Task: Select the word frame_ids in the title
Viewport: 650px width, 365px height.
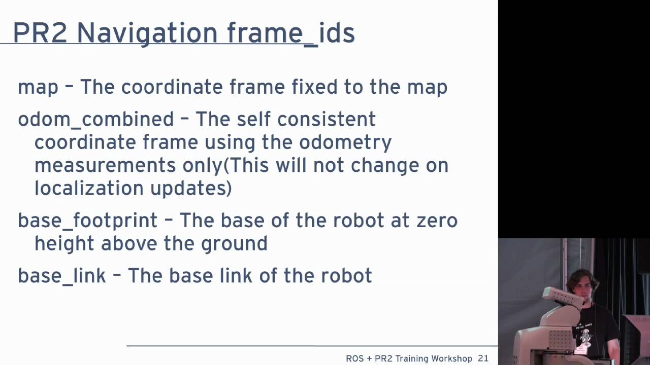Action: pyautogui.click(x=290, y=33)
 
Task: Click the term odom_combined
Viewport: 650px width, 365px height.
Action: pyautogui.click(x=96, y=120)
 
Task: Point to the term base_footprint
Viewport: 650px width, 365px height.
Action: pyautogui.click(x=88, y=221)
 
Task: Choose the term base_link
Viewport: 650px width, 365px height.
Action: pyautogui.click(x=62, y=276)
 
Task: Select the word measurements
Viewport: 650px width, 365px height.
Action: pyautogui.click(x=105, y=166)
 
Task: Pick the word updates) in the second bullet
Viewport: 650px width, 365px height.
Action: pyautogui.click(x=191, y=189)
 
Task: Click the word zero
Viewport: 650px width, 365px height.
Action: pyautogui.click(x=437, y=221)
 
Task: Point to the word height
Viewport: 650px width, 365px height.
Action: pyautogui.click(x=64, y=244)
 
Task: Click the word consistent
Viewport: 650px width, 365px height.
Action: pyautogui.click(x=326, y=120)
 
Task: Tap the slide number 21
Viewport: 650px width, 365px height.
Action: pyautogui.click(x=483, y=358)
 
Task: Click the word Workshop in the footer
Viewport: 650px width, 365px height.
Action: pyautogui.click(x=449, y=358)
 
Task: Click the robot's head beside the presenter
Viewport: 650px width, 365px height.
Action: pyautogui.click(x=564, y=299)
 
